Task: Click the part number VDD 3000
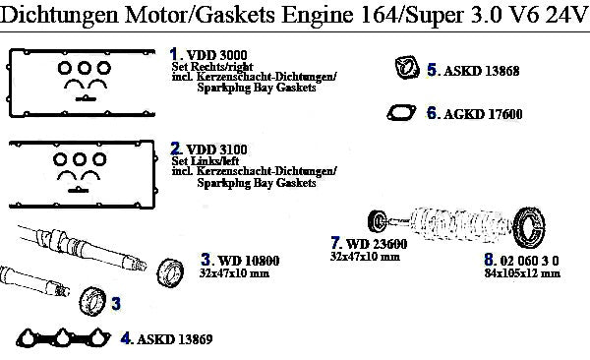point(216,55)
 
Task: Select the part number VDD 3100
point(216,150)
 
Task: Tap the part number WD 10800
point(249,261)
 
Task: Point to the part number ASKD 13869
point(175,339)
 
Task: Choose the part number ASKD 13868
point(481,71)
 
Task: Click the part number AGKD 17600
point(483,114)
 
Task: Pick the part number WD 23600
point(377,244)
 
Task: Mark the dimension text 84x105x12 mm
point(522,273)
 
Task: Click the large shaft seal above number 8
point(529,227)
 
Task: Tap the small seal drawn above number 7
point(378,221)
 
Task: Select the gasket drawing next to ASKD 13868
point(407,68)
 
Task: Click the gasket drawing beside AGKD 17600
point(401,113)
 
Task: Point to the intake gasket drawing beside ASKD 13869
point(63,337)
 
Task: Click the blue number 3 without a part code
point(116,303)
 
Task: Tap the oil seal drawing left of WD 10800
point(170,272)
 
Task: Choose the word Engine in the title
point(318,15)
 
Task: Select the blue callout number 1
point(173,55)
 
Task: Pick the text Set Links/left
point(206,160)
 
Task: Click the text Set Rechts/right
point(212,67)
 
